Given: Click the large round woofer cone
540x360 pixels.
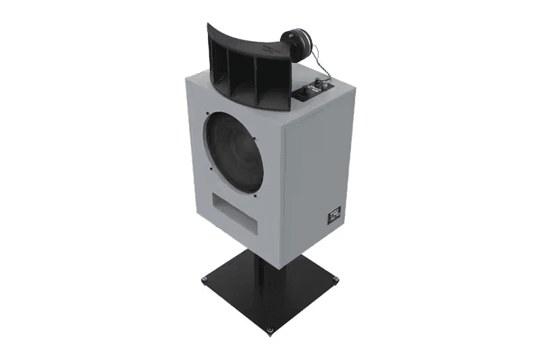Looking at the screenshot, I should tap(235, 152).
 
